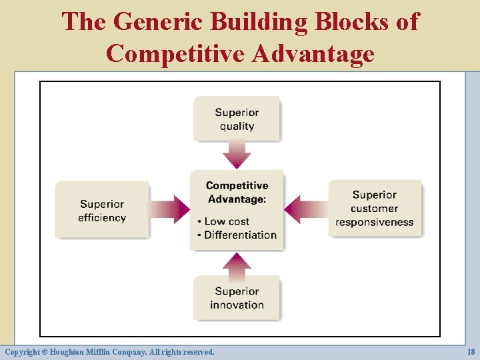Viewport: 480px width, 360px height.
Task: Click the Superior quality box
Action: point(237,119)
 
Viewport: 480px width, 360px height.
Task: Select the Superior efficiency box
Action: point(102,210)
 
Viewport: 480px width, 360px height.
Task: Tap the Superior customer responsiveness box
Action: point(375,208)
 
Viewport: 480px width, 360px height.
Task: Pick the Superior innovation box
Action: point(237,297)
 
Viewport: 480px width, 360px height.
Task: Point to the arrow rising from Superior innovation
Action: point(237,263)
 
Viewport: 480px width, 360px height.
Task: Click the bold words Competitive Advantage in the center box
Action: point(237,192)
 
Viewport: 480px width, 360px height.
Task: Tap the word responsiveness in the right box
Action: point(375,222)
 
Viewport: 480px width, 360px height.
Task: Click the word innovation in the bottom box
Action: point(237,305)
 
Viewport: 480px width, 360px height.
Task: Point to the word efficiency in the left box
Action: point(102,217)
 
